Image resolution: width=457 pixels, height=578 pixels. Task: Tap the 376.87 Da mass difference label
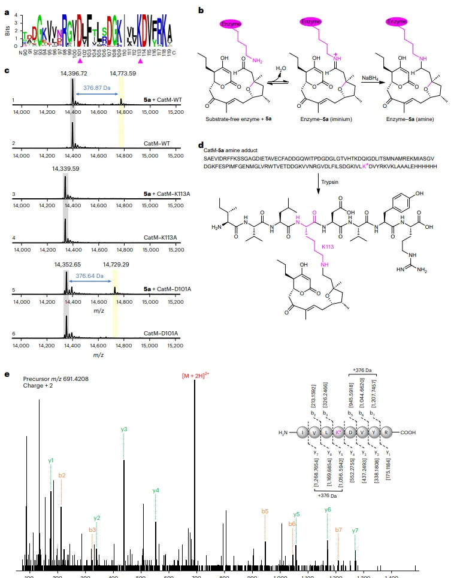click(96, 87)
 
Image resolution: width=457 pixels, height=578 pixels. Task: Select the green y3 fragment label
click(124, 429)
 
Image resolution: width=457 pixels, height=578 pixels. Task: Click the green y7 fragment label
click(355, 530)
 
